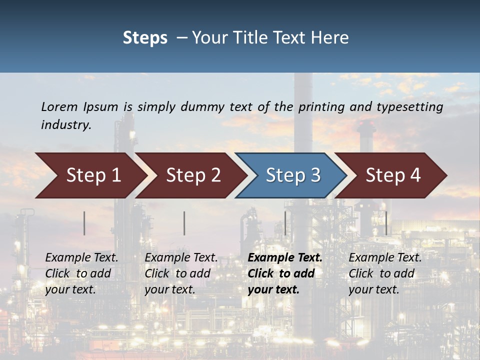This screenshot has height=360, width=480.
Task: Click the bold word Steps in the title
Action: tap(145, 38)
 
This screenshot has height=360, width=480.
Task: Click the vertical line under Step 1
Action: tap(84, 223)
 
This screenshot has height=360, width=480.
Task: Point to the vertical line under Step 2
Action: tap(184, 223)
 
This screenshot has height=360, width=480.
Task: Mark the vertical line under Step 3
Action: tap(285, 223)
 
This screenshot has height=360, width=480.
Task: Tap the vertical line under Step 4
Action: tap(386, 223)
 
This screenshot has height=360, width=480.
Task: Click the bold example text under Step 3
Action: tap(284, 273)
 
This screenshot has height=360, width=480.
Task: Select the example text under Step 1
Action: tap(81, 273)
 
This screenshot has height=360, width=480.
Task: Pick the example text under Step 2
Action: tap(181, 273)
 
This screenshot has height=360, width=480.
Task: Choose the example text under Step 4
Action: tap(384, 273)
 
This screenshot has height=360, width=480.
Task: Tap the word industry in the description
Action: tap(65, 125)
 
